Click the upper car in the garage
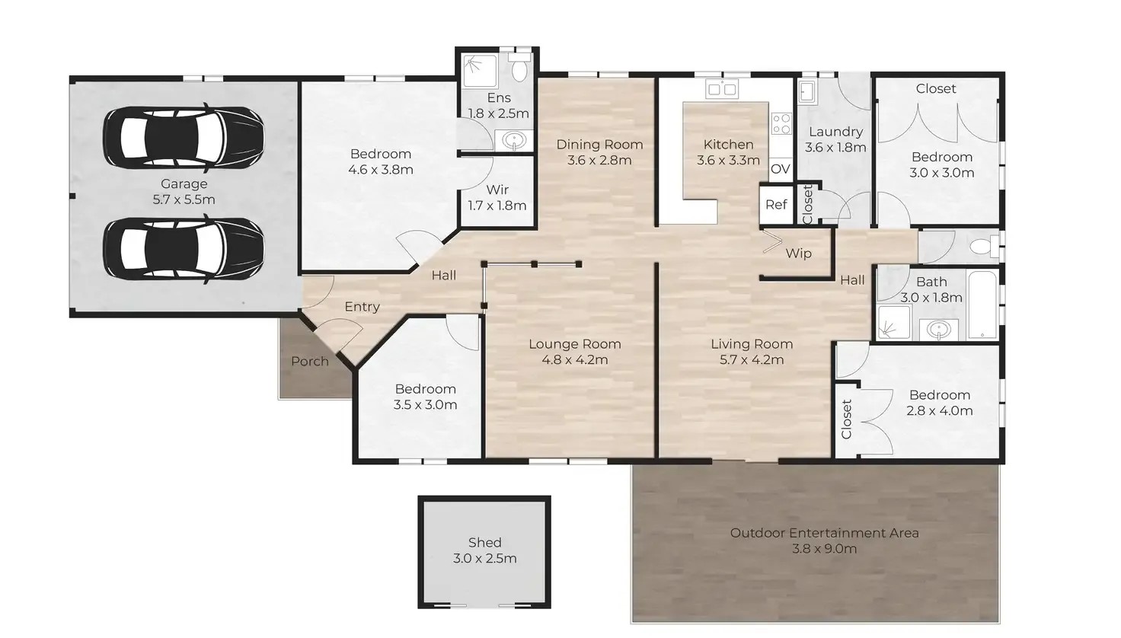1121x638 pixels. (184, 138)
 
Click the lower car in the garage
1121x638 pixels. (184, 249)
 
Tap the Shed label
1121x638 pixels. (484, 542)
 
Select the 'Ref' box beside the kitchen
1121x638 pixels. (776, 204)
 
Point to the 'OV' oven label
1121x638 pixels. (780, 168)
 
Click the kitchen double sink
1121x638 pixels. (721, 89)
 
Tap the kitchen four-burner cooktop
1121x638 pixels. (781, 123)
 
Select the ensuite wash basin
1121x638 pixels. (514, 140)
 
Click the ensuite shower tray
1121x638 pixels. (478, 71)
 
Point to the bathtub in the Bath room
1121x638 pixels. (983, 305)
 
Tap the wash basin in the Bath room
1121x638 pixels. (938, 330)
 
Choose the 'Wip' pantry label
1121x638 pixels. (798, 254)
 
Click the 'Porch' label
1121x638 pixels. (310, 361)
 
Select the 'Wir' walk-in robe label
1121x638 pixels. (497, 190)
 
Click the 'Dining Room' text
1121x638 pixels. (599, 145)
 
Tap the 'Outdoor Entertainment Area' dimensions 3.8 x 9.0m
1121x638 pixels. (824, 549)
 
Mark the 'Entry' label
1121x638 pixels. (362, 306)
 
